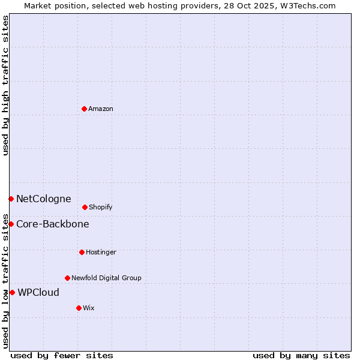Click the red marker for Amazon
click(84, 109)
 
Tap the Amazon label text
click(101, 109)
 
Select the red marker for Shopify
click(85, 207)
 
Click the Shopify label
click(101, 207)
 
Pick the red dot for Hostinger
click(82, 252)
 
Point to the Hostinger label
click(101, 252)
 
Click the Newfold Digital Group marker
click(67, 278)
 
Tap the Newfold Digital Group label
click(106, 278)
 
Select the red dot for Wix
click(79, 308)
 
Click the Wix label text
click(89, 308)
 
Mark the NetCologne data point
click(11, 199)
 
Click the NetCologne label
click(43, 199)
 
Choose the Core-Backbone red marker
click(11, 224)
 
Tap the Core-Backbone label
click(52, 224)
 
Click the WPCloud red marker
click(12, 292)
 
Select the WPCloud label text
click(38, 293)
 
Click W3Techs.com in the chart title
click(307, 5)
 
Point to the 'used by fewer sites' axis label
click(62, 355)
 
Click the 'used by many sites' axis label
click(301, 355)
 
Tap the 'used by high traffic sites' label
click(5, 85)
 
